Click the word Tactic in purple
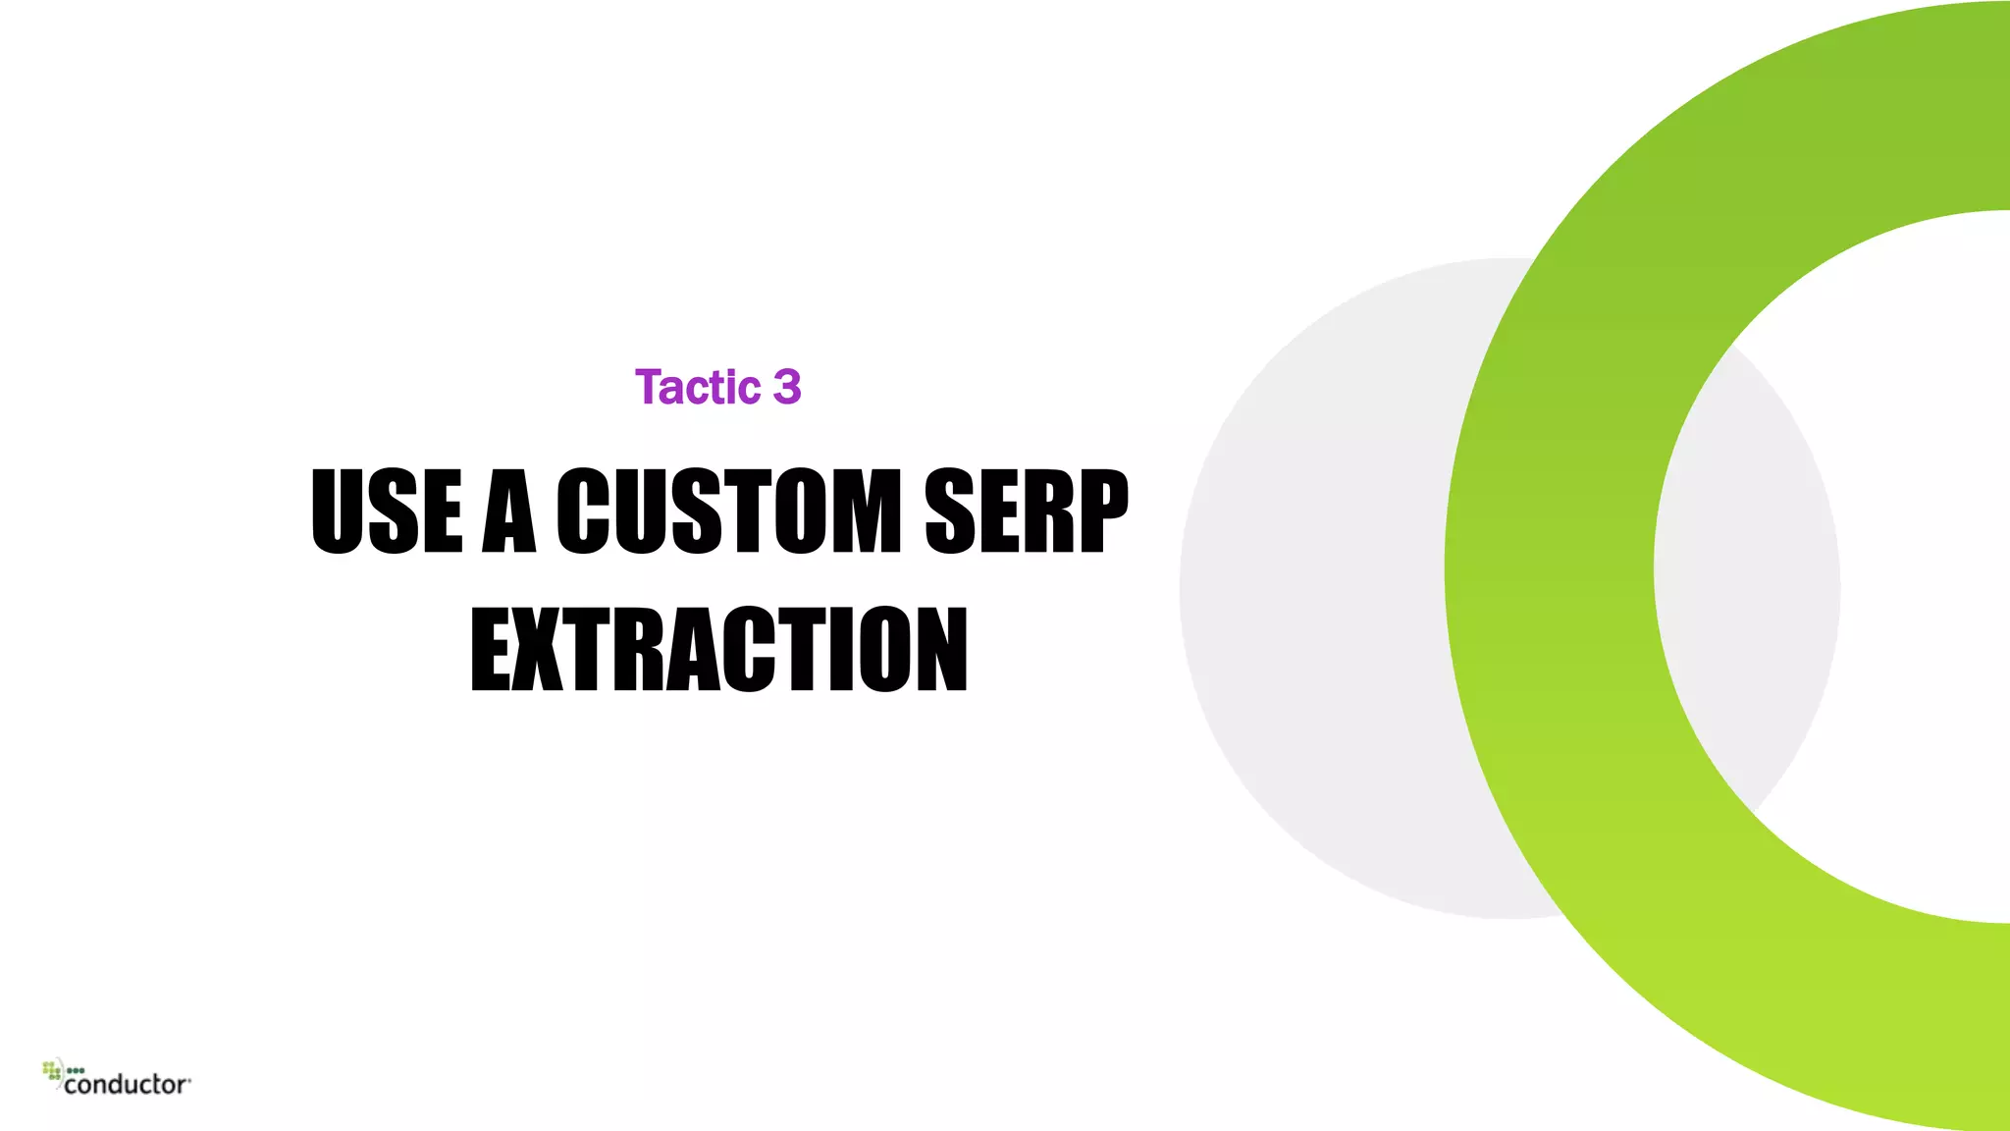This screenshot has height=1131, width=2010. click(x=698, y=387)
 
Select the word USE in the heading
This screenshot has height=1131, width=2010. click(x=387, y=511)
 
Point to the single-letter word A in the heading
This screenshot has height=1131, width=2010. click(x=509, y=511)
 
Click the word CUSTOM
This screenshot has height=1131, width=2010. click(x=728, y=511)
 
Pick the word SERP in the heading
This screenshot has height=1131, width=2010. click(x=1027, y=511)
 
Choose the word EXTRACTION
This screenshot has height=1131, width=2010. click(x=719, y=649)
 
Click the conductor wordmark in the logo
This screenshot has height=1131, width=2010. click(x=127, y=1084)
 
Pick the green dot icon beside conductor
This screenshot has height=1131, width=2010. click(x=53, y=1070)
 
